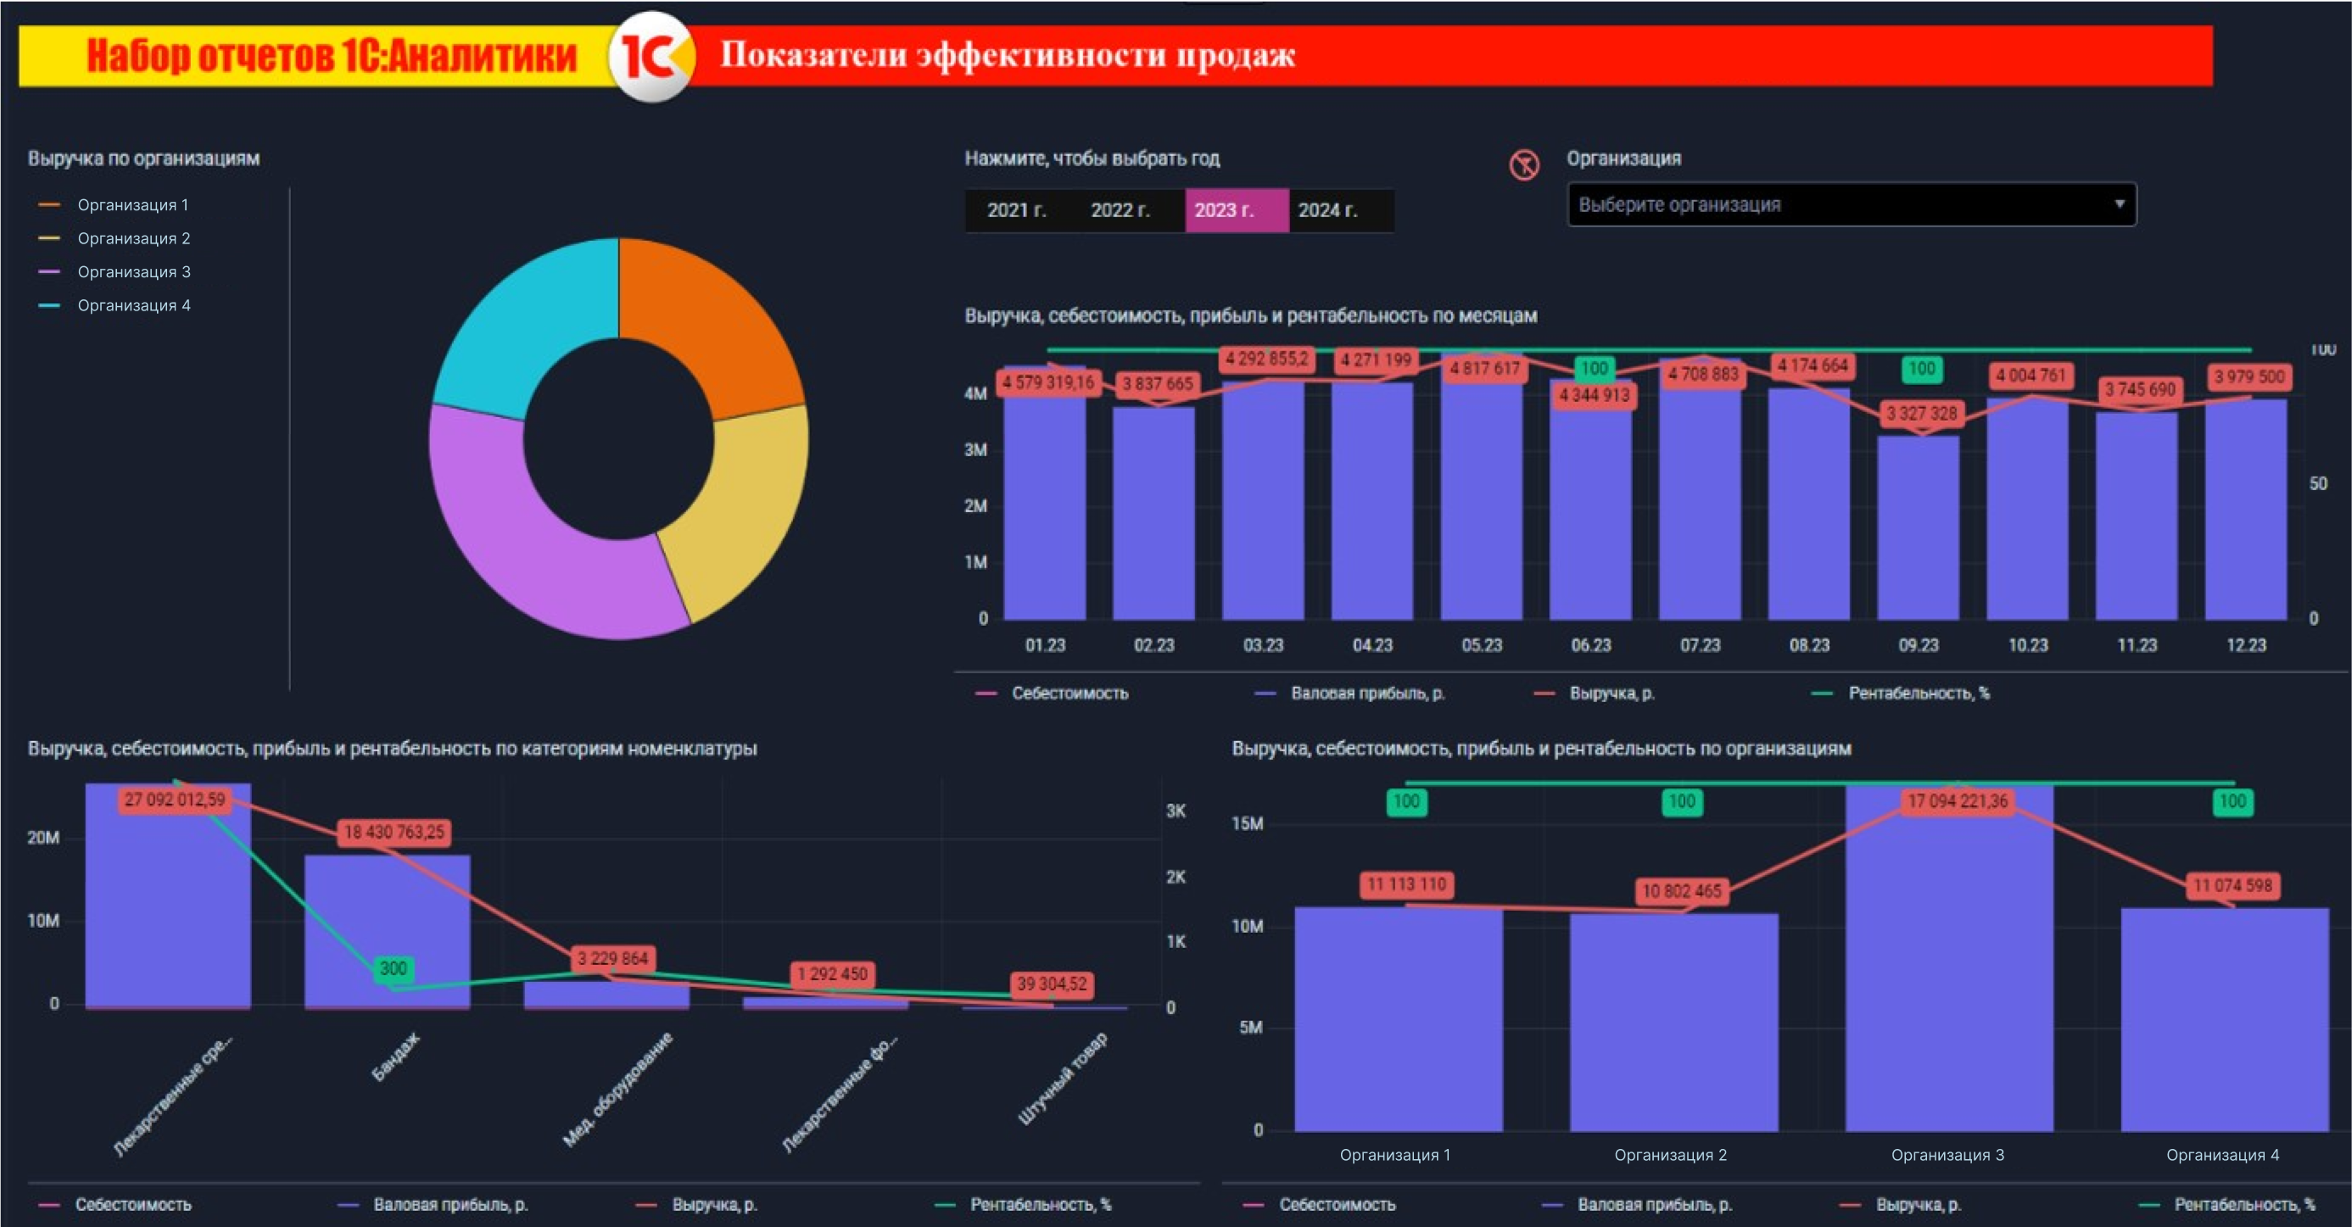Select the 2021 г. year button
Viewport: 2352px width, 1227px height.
click(x=1016, y=210)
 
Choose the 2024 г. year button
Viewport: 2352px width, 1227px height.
click(x=1327, y=210)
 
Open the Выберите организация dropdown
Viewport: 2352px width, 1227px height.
click(x=1851, y=204)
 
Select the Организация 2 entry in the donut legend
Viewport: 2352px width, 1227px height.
click(x=133, y=238)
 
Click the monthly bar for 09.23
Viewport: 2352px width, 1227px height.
click(x=1919, y=529)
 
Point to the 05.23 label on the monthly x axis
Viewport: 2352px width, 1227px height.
click(x=1481, y=645)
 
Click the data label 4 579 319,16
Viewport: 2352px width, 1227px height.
click(x=1048, y=382)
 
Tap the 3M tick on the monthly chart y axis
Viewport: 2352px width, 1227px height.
click(x=975, y=450)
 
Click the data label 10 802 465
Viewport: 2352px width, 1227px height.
click(x=1681, y=891)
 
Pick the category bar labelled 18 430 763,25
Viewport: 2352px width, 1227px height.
click(x=387, y=931)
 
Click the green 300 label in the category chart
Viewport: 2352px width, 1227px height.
click(x=393, y=968)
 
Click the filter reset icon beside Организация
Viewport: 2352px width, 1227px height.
click(x=1524, y=165)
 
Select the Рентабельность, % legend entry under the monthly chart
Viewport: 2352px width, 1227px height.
click(x=1918, y=694)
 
